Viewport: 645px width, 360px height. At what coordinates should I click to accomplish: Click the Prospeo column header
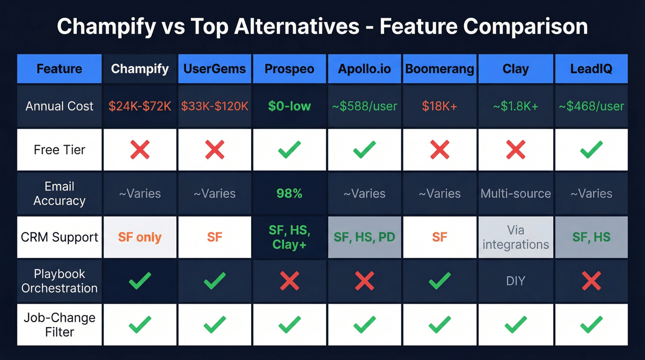point(289,69)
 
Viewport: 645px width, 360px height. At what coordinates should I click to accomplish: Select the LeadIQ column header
point(591,69)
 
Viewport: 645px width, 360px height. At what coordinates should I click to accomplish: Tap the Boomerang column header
point(440,69)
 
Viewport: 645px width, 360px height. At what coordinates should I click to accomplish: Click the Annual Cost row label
point(59,106)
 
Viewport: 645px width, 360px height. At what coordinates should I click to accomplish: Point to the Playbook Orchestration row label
point(59,281)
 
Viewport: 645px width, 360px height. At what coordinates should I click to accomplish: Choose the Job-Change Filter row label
point(59,325)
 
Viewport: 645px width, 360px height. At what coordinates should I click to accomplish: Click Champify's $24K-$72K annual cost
point(140,106)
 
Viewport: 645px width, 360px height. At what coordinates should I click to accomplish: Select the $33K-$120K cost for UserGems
point(215,106)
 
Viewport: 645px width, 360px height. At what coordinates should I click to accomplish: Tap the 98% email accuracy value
point(289,193)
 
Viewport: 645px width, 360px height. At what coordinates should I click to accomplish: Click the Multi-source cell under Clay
point(516,193)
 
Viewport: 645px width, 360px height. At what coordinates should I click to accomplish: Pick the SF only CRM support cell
point(140,237)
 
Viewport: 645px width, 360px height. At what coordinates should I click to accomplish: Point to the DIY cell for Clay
point(516,281)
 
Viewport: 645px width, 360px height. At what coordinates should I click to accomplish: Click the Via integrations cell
point(516,237)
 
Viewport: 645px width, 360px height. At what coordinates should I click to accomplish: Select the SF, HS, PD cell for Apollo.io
point(364,237)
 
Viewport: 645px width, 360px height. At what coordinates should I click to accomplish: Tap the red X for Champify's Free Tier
point(140,150)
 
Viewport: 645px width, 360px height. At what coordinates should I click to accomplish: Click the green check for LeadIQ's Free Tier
point(591,150)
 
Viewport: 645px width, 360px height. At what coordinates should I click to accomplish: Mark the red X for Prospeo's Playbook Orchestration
point(289,281)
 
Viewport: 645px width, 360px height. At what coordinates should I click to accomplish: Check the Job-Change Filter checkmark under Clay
point(516,325)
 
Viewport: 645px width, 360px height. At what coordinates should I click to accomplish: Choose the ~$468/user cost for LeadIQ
point(591,106)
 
